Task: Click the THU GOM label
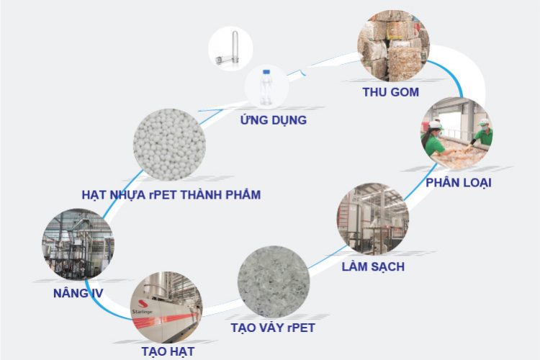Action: click(390, 92)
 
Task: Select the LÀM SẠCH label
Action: click(373, 266)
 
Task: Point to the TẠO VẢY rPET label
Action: click(273, 328)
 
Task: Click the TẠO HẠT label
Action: click(168, 351)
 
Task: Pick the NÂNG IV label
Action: click(78, 293)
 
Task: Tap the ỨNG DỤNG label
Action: click(274, 120)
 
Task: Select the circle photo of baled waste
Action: click(393, 46)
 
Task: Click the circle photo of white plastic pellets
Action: click(169, 145)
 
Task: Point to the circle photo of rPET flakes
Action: click(274, 282)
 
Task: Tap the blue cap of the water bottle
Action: click(266, 72)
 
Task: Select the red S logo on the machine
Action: click(143, 304)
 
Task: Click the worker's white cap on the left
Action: click(435, 125)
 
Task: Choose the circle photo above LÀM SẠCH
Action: click(373, 219)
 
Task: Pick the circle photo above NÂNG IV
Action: click(78, 244)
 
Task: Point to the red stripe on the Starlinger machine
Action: click(165, 321)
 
